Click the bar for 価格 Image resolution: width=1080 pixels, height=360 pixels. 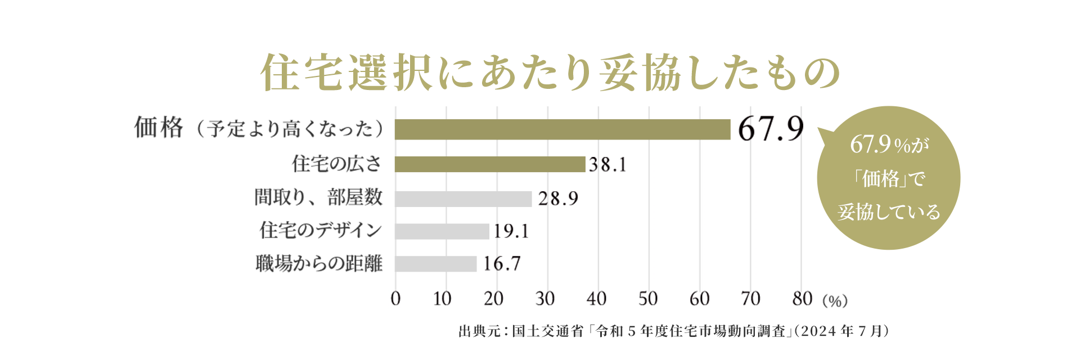pos(562,129)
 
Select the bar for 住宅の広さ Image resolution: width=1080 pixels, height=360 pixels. pos(490,164)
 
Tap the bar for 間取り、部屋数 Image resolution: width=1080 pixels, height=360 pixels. pos(463,199)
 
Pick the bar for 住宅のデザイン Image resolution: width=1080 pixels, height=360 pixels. pos(442,231)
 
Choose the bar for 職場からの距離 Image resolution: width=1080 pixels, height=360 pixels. pos(436,264)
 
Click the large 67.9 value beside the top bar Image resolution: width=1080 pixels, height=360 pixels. pos(771,129)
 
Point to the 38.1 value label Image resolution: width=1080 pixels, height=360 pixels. pos(607,165)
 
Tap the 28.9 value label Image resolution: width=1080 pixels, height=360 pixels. pos(558,199)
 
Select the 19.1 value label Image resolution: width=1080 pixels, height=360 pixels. pos(511,231)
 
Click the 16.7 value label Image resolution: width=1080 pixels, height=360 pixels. pos(502,264)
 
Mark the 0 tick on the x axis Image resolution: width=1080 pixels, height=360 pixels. pos(395,299)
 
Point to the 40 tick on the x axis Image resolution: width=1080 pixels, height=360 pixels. pos(597,299)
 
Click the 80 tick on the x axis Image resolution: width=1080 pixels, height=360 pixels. pos(802,299)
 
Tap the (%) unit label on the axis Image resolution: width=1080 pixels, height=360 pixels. pos(835,301)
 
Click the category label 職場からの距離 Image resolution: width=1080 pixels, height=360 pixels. pos(319,263)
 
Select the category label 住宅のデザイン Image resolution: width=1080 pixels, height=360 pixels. pos(321,230)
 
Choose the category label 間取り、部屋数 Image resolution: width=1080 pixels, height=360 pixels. pos(318,197)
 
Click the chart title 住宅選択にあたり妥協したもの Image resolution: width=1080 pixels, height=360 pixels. pos(550,73)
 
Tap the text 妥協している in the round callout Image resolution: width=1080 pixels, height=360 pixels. pos(889,212)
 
